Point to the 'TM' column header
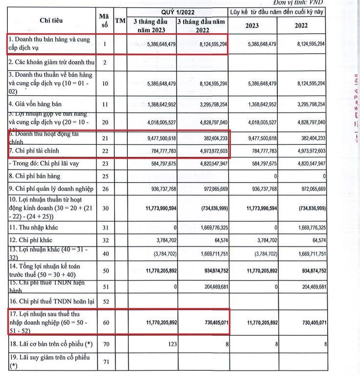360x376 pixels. [119, 21]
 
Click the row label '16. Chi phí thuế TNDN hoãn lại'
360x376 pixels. [46, 302]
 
